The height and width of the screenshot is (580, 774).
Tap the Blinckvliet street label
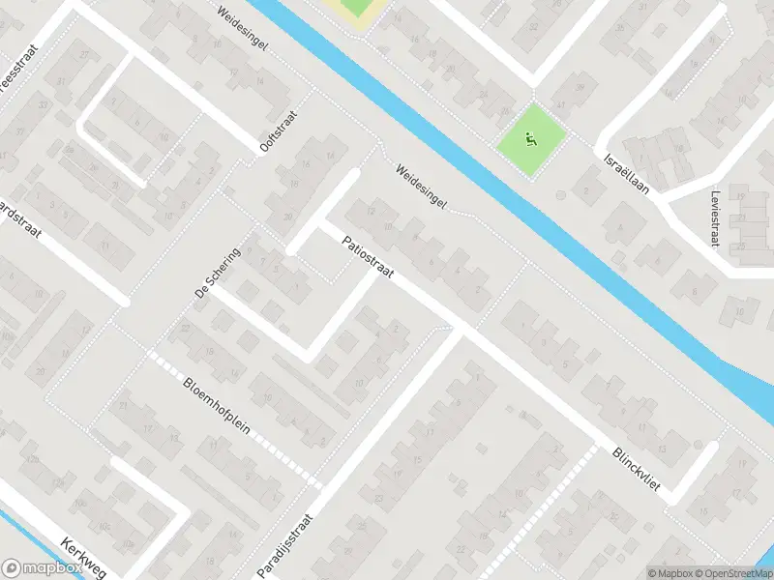click(636, 469)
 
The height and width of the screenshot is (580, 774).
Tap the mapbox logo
click(42, 568)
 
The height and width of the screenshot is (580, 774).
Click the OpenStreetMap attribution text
click(733, 573)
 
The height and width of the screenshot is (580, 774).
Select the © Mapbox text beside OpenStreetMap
click(670, 573)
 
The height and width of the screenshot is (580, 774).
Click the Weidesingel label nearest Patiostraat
click(421, 188)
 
